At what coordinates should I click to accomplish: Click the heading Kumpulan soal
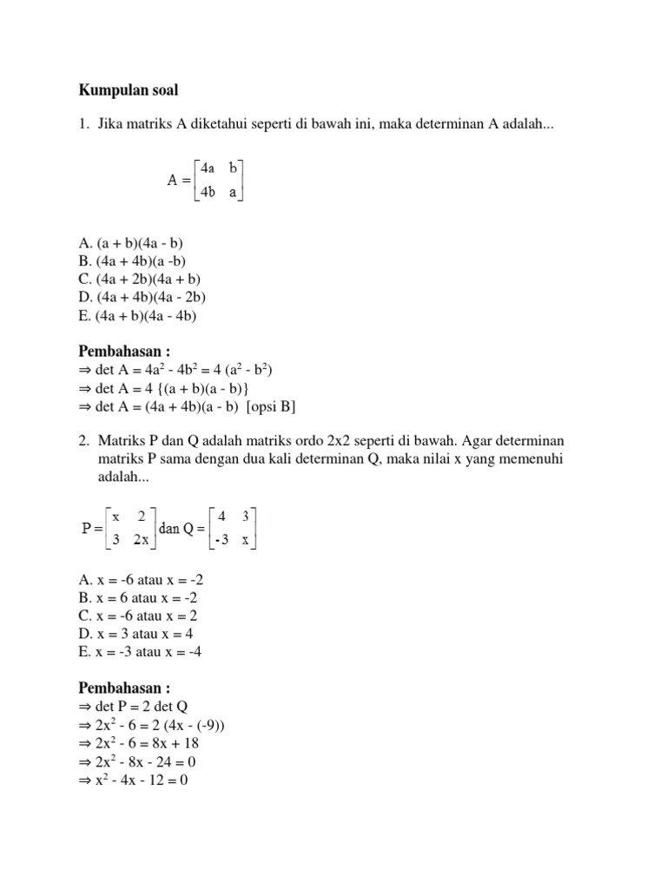point(129,90)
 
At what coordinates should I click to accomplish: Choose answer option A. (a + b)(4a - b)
point(130,244)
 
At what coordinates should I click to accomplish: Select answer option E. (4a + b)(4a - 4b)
point(138,316)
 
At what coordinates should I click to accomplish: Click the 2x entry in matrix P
point(141,540)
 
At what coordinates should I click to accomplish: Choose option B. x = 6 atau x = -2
point(131,599)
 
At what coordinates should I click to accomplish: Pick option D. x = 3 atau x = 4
point(127,635)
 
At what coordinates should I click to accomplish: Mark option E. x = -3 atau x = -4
point(132,653)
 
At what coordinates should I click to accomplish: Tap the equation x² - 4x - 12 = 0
point(139,780)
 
